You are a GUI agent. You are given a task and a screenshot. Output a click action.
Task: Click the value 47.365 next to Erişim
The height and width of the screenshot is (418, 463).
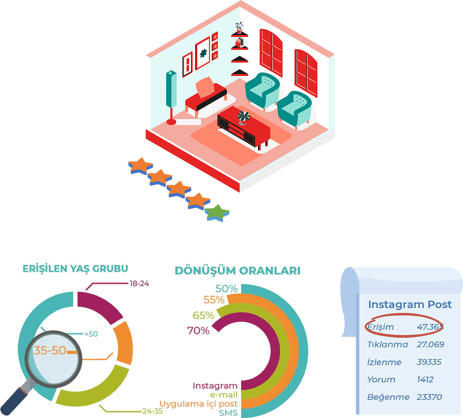(x=430, y=327)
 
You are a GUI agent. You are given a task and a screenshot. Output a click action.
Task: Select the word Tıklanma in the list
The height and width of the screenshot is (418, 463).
(x=387, y=344)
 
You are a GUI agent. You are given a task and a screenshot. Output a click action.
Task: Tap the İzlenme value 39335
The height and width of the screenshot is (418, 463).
(x=429, y=362)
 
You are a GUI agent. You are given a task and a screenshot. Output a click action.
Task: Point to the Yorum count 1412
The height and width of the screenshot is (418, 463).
(x=425, y=379)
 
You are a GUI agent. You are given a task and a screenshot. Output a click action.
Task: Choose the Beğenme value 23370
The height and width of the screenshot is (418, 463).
(x=429, y=397)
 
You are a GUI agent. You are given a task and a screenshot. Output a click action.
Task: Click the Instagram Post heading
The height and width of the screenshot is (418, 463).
(x=410, y=305)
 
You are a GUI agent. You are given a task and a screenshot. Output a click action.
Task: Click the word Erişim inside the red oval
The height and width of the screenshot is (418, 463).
(x=380, y=327)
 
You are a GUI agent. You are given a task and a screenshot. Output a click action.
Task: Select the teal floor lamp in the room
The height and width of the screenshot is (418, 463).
(x=171, y=89)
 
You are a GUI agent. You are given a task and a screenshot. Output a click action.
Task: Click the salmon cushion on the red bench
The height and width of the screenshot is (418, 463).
(x=205, y=87)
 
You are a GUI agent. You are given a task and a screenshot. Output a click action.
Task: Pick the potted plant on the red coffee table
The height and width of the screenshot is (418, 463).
(x=243, y=117)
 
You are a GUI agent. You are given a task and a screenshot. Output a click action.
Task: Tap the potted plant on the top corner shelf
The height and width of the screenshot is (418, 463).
(x=240, y=28)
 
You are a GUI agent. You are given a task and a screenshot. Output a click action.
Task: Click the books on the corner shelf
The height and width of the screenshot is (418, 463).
(x=240, y=42)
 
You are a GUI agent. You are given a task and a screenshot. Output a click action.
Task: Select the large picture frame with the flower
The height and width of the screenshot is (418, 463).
(x=203, y=53)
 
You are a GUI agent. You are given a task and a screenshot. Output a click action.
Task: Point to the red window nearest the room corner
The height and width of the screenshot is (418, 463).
(x=271, y=52)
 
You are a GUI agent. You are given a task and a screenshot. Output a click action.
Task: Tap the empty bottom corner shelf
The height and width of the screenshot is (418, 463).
(x=240, y=72)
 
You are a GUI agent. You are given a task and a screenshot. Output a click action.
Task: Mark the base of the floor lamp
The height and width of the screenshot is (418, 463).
(x=171, y=122)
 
